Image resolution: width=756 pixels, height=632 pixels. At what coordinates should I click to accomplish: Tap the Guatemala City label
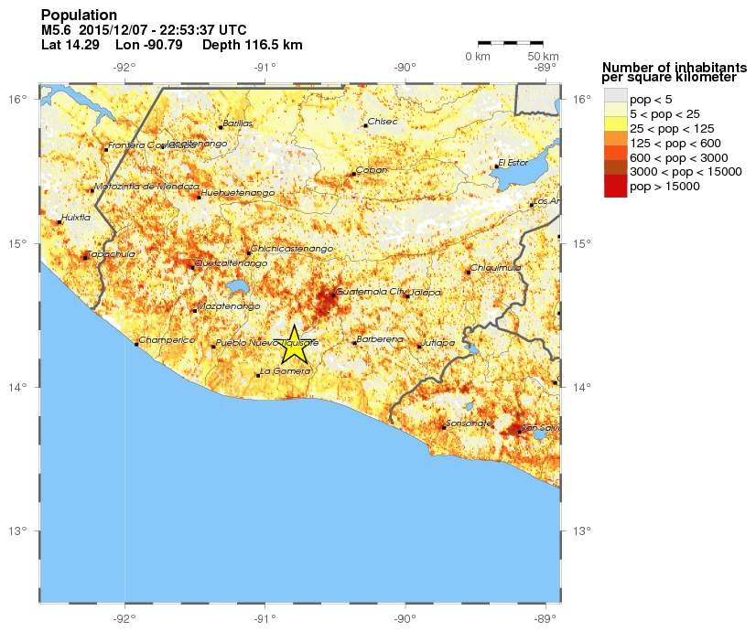tap(371, 292)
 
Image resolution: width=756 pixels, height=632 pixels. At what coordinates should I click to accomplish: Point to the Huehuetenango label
tap(238, 193)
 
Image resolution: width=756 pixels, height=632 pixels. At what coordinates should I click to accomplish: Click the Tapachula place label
tap(111, 253)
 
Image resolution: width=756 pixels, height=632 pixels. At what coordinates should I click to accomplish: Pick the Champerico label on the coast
tap(167, 340)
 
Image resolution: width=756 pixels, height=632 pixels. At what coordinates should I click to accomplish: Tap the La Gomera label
tap(286, 370)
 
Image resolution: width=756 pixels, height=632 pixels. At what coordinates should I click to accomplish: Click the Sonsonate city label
tap(470, 423)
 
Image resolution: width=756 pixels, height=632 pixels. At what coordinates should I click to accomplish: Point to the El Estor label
tap(513, 163)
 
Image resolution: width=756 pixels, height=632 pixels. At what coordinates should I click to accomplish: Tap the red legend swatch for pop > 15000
tap(615, 186)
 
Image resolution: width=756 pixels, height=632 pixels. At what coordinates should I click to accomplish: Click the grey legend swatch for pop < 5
tap(615, 98)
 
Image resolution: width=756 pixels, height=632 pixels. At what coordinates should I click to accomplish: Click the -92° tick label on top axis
tap(124, 66)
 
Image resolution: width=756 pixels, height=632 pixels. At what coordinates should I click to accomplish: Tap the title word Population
tap(79, 15)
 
